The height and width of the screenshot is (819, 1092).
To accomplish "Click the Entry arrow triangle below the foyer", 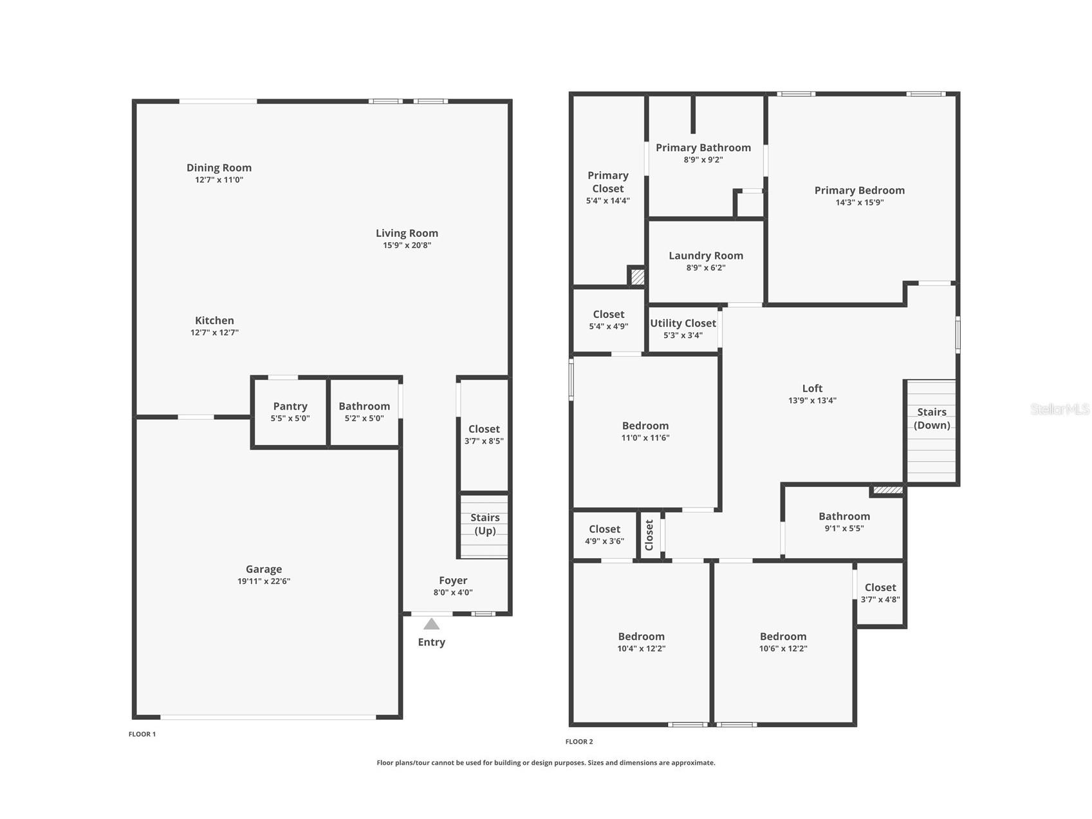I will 431,624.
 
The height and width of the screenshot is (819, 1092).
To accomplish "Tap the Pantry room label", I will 290,406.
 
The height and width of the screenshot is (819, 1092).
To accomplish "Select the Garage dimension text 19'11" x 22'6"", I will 264,581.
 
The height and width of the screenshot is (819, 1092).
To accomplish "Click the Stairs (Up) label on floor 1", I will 485,524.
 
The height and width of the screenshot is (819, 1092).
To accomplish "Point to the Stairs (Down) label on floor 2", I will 931,419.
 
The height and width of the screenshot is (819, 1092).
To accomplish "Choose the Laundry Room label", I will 706,256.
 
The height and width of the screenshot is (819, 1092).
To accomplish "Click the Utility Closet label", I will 683,323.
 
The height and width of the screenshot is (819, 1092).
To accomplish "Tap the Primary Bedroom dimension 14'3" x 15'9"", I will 859,202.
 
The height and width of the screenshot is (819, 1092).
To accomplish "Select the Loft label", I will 812,388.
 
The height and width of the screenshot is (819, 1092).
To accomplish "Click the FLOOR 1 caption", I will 142,734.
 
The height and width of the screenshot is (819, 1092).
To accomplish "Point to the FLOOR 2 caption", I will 579,742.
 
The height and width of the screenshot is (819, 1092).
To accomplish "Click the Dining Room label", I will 219,167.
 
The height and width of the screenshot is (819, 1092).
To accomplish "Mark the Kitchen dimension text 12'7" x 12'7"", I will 214,333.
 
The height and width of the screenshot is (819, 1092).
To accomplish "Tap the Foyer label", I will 453,581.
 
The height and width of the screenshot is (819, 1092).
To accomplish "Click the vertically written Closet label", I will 649,535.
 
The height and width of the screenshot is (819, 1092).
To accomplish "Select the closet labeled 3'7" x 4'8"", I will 880,593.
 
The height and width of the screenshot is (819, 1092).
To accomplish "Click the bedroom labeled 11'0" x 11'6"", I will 645,431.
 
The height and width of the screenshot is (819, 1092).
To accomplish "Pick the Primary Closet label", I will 607,182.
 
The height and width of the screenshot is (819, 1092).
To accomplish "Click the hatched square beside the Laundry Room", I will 637,277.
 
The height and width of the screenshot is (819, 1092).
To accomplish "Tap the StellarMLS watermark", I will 1059,409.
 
